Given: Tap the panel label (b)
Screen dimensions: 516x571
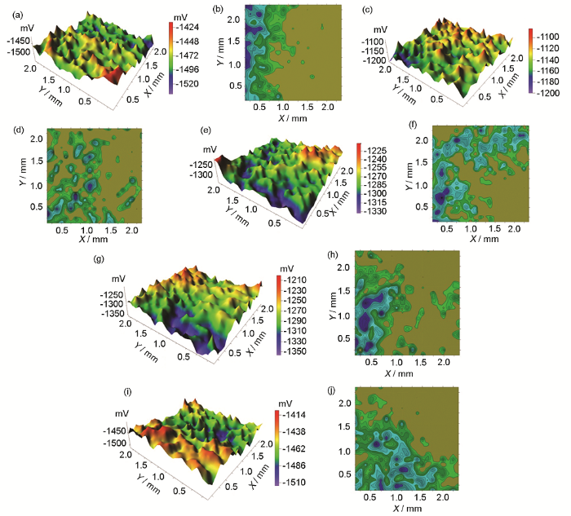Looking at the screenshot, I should pyautogui.click(x=217, y=10).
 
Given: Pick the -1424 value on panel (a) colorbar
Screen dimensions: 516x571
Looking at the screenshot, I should pyautogui.click(x=188, y=27).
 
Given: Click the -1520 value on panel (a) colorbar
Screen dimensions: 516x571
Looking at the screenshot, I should pyautogui.click(x=188, y=83).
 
